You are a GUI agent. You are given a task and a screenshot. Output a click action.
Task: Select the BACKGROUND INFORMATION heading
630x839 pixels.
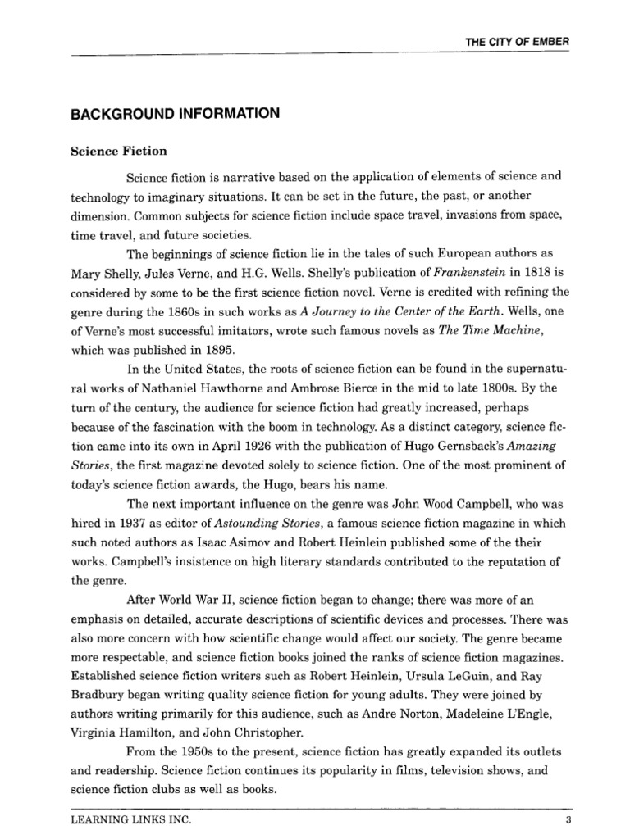click(x=176, y=114)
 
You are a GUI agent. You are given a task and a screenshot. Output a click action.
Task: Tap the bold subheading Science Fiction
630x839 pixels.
click(x=118, y=151)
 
